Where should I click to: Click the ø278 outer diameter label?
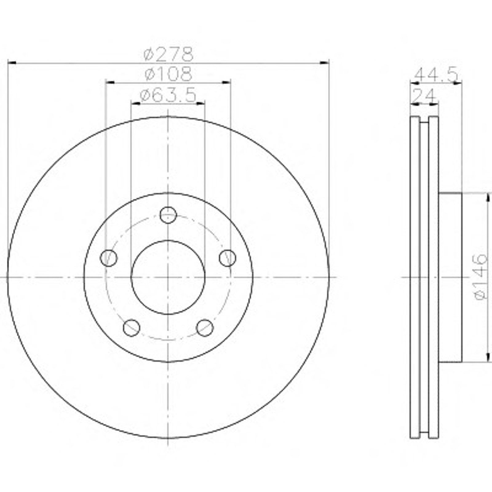pyautogui.click(x=169, y=54)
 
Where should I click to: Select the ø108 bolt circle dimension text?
pyautogui.click(x=169, y=74)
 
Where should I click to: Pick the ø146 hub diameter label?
pyautogui.click(x=481, y=276)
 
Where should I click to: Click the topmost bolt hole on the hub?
pyautogui.click(x=168, y=215)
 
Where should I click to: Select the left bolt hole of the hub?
pyautogui.click(x=109, y=258)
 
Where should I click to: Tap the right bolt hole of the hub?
pyautogui.click(x=228, y=258)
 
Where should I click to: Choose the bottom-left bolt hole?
pyautogui.click(x=131, y=328)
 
